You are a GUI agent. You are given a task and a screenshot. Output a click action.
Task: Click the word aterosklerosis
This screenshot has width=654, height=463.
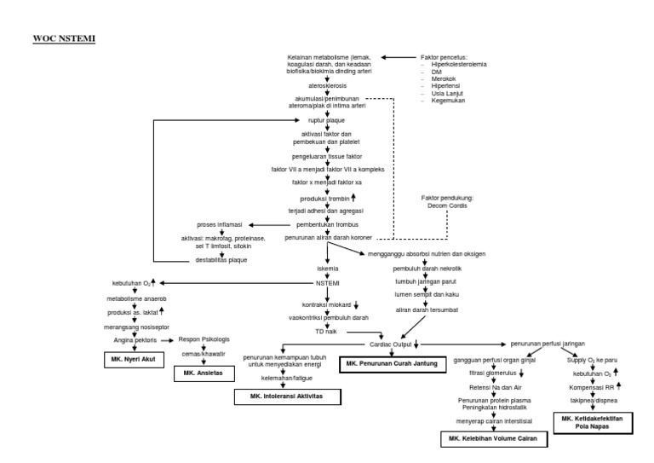click(327, 86)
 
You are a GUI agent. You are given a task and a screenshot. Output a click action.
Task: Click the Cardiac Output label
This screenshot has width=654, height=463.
click(391, 344)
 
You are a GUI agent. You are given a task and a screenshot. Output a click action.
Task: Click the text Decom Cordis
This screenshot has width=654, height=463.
click(447, 205)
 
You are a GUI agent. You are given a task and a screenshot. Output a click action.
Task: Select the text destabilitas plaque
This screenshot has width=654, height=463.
click(221, 259)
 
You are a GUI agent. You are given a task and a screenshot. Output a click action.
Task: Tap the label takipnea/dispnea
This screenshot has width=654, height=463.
click(594, 399)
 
